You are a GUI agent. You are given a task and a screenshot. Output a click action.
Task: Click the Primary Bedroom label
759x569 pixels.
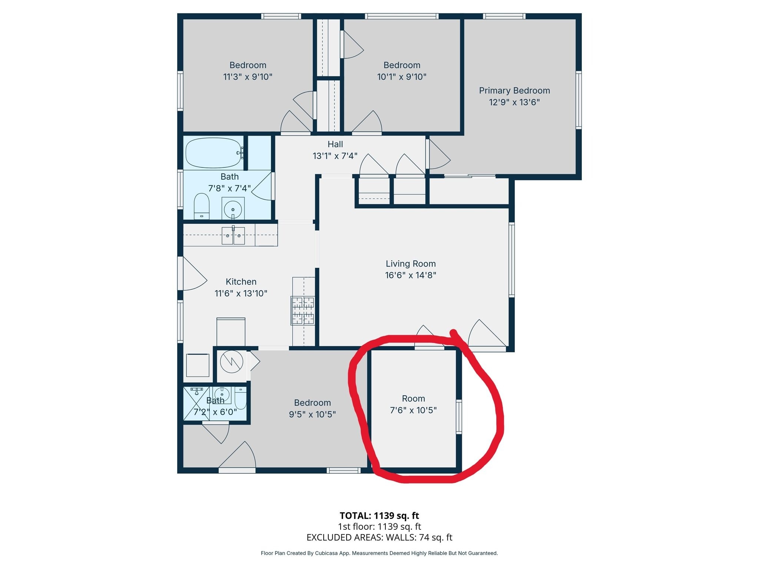[514, 91]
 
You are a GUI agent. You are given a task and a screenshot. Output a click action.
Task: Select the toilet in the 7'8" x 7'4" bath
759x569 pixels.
[202, 206]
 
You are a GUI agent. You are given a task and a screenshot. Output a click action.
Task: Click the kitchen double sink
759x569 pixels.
[233, 236]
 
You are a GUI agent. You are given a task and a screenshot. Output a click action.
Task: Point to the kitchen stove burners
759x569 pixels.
[303, 310]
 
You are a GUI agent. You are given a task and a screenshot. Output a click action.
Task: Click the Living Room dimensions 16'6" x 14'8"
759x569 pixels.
[411, 275]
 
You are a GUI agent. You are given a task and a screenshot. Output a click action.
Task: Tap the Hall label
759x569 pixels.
[335, 144]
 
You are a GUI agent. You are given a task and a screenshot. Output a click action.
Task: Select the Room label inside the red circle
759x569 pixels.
[414, 399]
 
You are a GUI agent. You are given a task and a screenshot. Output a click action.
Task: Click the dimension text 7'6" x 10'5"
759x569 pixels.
[414, 410]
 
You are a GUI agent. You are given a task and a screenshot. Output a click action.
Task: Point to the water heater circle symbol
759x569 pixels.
[232, 362]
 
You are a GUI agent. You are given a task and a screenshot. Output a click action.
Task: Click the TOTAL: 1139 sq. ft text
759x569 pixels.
[379, 516]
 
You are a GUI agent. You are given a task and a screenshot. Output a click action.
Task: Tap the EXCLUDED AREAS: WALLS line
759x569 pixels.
[379, 538]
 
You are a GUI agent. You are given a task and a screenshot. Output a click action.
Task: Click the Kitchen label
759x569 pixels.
[241, 282]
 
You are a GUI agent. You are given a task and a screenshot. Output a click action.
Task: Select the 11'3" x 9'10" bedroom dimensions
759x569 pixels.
[248, 77]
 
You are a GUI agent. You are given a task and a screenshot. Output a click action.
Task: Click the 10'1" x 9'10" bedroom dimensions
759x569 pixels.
[402, 77]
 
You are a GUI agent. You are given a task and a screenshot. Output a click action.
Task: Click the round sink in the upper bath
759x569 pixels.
[233, 210]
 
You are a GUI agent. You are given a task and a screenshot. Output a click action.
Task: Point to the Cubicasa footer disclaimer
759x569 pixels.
[379, 553]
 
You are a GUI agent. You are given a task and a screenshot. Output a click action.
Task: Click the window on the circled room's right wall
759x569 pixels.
[459, 417]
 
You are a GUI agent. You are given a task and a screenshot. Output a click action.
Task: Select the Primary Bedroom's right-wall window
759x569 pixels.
[579, 100]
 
